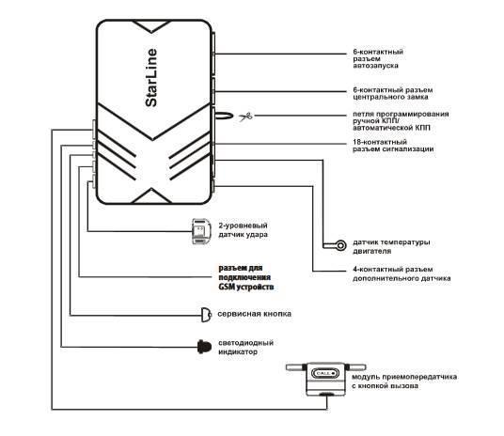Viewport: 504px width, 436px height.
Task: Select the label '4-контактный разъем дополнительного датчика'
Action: click(395, 274)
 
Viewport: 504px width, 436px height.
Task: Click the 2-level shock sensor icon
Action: click(199, 231)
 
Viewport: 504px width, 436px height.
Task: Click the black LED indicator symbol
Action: click(203, 346)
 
